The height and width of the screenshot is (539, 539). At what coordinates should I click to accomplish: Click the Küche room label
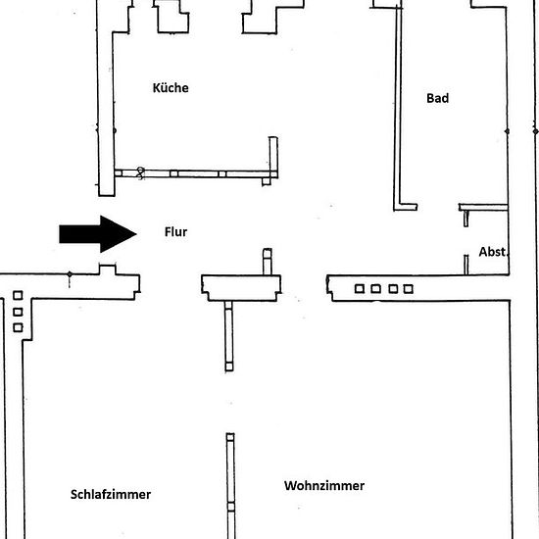[x=171, y=87]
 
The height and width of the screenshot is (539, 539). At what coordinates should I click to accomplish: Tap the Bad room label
[x=438, y=98]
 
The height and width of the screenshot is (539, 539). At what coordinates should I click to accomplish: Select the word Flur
[x=175, y=231]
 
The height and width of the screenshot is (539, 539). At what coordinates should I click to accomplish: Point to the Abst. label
[x=493, y=252]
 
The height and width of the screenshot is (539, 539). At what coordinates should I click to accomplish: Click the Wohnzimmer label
[x=324, y=485]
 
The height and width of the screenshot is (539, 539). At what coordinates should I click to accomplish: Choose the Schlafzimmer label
[x=111, y=494]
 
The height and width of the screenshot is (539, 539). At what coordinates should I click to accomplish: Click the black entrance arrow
[x=98, y=234]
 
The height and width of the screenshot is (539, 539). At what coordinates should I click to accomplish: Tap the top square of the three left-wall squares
[x=18, y=295]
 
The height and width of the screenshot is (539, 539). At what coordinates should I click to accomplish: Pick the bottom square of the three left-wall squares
[x=18, y=327]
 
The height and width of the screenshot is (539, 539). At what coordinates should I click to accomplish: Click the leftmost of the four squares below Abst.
[x=360, y=289]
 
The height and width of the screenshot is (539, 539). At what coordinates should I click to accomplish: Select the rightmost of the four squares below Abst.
[x=408, y=289]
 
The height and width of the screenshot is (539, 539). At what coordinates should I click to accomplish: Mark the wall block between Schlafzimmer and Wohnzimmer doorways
[x=241, y=288]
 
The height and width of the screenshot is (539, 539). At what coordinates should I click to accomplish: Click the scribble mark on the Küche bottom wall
[x=140, y=172]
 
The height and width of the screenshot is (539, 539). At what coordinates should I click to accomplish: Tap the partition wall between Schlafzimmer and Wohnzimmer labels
[x=230, y=486]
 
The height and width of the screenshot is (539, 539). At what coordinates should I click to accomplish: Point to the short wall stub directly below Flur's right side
[x=268, y=262]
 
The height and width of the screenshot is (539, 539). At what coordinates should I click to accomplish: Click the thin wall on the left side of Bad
[x=399, y=107]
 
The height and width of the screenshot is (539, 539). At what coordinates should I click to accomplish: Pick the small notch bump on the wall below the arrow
[x=107, y=269]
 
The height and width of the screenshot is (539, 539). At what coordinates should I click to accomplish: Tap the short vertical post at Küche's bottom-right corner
[x=273, y=158]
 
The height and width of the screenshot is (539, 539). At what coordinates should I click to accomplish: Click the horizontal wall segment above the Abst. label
[x=483, y=207]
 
